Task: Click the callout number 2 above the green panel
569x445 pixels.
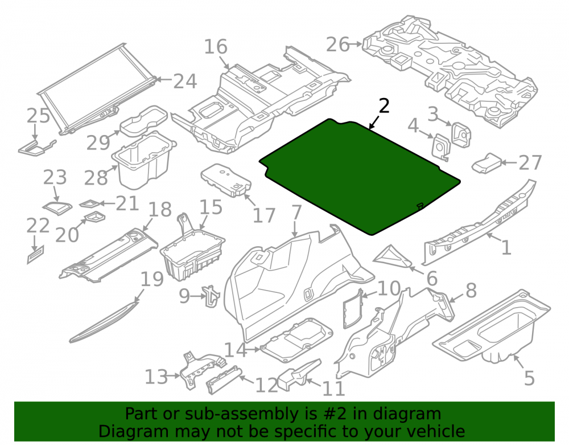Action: click(x=384, y=106)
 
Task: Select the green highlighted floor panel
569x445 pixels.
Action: click(x=359, y=176)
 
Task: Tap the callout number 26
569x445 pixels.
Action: click(x=337, y=44)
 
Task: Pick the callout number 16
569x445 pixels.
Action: click(x=216, y=47)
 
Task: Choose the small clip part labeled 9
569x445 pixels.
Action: click(x=211, y=296)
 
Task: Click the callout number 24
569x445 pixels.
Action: click(x=185, y=81)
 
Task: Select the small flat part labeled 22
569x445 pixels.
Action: click(x=35, y=254)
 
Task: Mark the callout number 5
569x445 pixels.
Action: click(x=529, y=378)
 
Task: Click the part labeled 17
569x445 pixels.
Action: click(x=225, y=180)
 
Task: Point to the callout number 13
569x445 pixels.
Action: click(x=156, y=377)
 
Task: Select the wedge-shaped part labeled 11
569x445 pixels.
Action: click(x=299, y=374)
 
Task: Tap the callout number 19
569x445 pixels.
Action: click(x=152, y=279)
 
